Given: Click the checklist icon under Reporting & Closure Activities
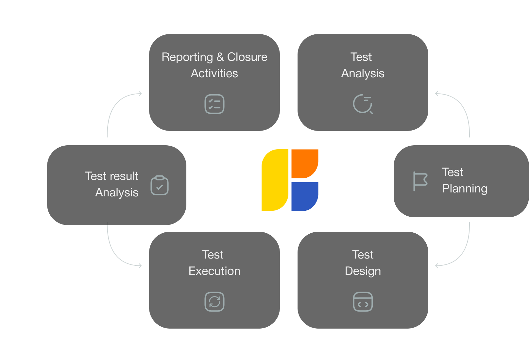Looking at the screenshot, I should pos(214,104).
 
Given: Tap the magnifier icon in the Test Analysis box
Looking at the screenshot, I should pos(363,104).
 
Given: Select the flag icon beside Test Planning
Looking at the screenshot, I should pos(420,181).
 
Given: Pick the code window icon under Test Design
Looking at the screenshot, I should pos(363,302).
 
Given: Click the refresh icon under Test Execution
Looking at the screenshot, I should pos(214,302).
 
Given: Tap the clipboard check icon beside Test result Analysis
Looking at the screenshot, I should pos(160,186).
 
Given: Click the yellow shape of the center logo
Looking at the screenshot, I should pos(275,180).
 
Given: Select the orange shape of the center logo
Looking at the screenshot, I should pos(304,163).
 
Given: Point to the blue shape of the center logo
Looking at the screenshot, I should pos(304,196).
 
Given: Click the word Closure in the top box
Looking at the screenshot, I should pos(247,57).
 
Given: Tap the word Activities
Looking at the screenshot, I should pos(214,73).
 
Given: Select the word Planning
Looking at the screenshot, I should pos(465,189).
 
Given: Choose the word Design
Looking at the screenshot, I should pos(363,271).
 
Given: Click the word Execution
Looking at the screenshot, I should pos(214,271).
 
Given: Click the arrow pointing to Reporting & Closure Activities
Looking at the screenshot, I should pos(140,94).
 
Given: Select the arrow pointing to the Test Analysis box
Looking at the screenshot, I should pos(437,94).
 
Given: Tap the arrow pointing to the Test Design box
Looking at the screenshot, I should pos(437,265).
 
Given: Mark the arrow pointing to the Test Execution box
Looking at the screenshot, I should pos(140,265).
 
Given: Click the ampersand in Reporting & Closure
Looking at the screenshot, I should pos(220,57).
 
